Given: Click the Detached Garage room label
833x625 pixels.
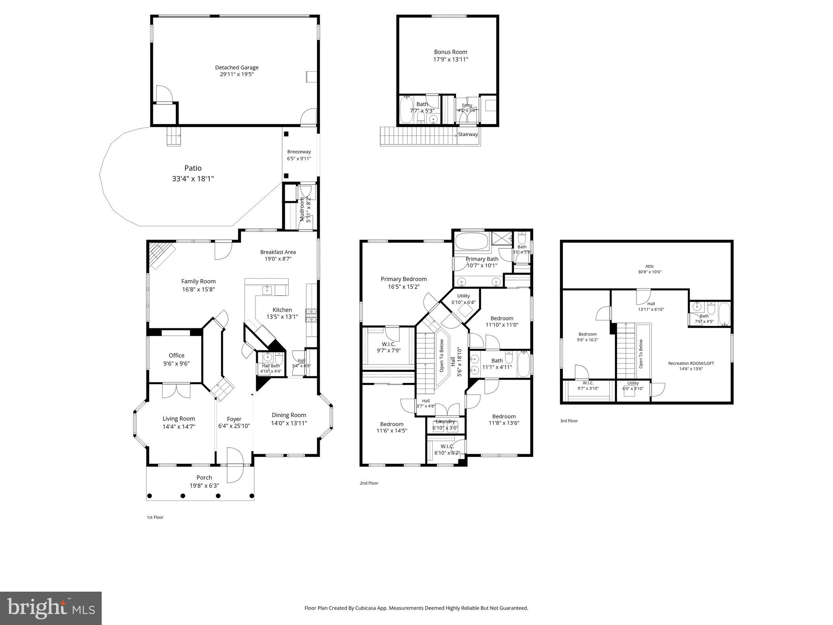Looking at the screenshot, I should [237, 68].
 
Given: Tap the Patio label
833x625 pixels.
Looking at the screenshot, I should [193, 168].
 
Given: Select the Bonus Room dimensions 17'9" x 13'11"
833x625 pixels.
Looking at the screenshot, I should [451, 59].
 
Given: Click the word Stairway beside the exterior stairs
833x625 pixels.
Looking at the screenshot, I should [468, 135].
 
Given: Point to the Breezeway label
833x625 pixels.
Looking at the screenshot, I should [299, 152].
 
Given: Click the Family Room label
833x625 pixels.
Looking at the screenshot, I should [198, 281].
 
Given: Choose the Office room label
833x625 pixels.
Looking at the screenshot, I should [177, 355].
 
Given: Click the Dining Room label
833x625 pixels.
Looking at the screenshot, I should [289, 415].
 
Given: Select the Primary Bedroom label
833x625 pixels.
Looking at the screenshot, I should [403, 279].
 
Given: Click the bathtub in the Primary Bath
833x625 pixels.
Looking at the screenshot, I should [471, 241].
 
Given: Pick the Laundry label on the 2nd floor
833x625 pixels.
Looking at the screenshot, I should [445, 422].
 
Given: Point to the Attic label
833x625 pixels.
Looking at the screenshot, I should [650, 266].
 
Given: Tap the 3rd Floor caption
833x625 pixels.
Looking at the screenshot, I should [569, 421].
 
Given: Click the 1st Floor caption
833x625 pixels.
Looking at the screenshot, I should [155, 517].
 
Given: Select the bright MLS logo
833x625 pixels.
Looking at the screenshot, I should [51, 608].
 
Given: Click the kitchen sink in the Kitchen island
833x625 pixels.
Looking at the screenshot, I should [267, 290].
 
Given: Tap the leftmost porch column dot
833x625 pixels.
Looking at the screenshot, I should [149, 496].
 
